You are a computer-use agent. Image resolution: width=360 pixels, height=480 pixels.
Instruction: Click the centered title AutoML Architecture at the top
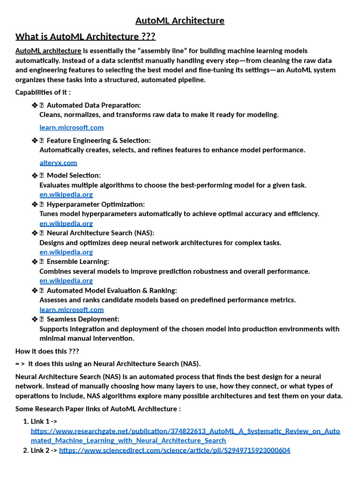coord(180,21)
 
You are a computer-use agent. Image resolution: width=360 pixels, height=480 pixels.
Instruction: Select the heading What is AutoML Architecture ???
coord(85,37)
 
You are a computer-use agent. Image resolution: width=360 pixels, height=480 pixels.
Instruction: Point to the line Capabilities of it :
coord(43,92)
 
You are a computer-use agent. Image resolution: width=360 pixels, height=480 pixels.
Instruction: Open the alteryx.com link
coord(58,163)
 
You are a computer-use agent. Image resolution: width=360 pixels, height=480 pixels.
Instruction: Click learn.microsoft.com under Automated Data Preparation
coord(71,127)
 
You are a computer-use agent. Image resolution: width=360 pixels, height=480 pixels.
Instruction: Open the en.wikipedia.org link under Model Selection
coord(66,195)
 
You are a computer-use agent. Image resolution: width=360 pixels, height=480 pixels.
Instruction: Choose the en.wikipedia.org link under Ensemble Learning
coord(66,280)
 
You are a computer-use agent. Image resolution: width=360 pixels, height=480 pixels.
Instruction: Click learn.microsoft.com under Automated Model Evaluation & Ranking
coord(71,309)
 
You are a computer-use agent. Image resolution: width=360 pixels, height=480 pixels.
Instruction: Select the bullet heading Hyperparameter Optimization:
coord(96,204)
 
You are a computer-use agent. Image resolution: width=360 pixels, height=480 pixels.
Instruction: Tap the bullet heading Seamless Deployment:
coord(83,319)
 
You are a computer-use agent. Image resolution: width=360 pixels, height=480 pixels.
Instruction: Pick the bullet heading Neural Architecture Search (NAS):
coord(100,233)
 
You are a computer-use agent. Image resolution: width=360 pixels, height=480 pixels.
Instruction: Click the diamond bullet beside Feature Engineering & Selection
coord(34,141)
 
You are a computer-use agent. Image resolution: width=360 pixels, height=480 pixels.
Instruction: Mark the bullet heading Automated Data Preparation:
coord(94,105)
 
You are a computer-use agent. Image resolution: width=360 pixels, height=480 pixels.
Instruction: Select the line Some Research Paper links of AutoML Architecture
coord(98,409)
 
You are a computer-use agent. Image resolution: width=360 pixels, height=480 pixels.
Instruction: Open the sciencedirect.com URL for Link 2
coord(174,450)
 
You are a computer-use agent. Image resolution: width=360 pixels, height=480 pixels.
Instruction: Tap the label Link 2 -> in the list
coord(44,450)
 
